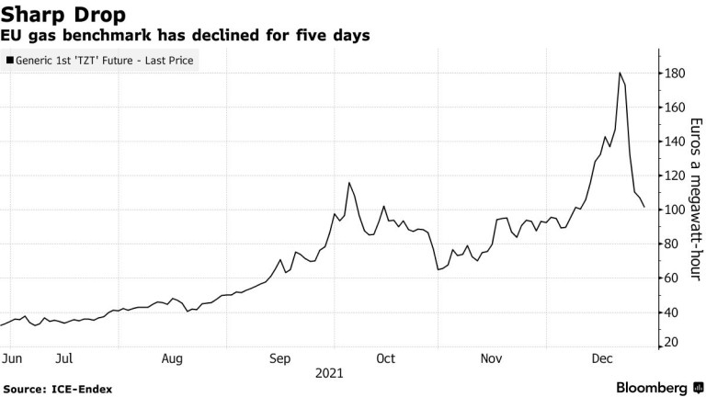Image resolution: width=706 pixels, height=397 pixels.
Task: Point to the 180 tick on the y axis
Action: click(x=677, y=74)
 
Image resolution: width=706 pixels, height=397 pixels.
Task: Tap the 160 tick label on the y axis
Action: click(x=677, y=108)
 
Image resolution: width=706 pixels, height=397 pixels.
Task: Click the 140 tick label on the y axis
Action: click(x=677, y=142)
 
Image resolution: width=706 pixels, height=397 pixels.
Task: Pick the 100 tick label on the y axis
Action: click(x=677, y=210)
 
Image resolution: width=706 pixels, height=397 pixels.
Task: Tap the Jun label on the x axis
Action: click(x=13, y=357)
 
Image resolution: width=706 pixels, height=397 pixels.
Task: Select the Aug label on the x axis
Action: click(x=173, y=357)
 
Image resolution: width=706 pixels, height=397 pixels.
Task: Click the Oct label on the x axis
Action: click(x=386, y=357)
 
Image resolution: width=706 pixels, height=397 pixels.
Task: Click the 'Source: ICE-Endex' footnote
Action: click(x=57, y=389)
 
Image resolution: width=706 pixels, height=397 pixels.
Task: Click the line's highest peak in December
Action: click(x=620, y=73)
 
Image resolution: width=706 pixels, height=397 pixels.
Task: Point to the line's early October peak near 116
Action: click(x=349, y=183)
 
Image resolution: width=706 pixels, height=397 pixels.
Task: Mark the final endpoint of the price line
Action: click(x=644, y=207)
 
